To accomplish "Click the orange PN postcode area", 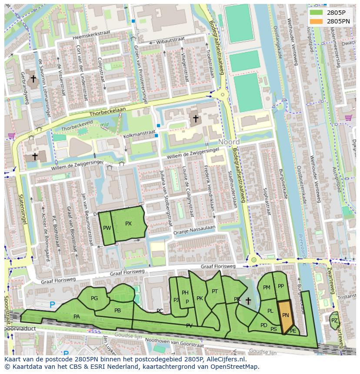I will click(x=285, y=316).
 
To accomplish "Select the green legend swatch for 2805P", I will click(x=316, y=13).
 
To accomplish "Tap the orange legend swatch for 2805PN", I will click(x=316, y=21).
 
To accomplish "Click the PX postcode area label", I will click(x=128, y=224).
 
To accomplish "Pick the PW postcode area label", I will click(x=107, y=228).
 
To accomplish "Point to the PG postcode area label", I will click(x=94, y=298).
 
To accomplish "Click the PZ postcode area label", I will click(x=334, y=321).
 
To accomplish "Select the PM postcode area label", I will click(x=267, y=288).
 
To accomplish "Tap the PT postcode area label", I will click(x=215, y=291).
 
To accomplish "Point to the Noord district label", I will click(x=229, y=142).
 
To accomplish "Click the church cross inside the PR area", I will click(x=248, y=301).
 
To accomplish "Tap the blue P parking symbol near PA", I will click(x=53, y=305).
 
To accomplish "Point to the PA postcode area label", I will click(x=77, y=317).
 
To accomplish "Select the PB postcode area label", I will click(x=117, y=311).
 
